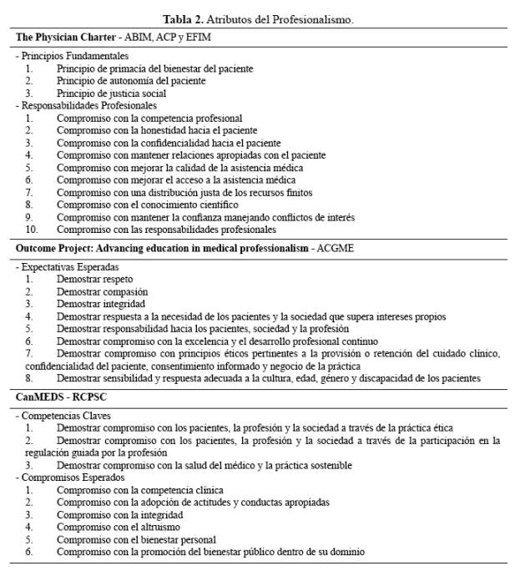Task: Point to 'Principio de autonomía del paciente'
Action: [x=131, y=81]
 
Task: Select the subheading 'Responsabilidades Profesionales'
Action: [x=88, y=106]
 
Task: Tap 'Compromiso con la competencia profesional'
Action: [x=149, y=119]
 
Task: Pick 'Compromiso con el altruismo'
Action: [x=119, y=527]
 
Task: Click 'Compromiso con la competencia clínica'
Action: [x=140, y=489]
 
